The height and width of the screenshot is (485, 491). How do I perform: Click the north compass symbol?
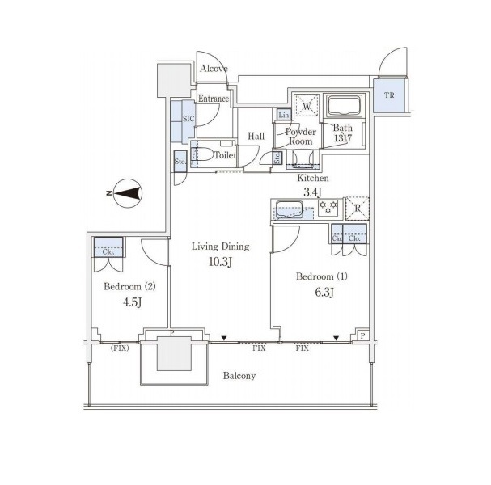click(x=128, y=193)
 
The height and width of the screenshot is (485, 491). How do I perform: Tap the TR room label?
click(x=389, y=95)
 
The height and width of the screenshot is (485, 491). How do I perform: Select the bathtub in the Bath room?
click(x=344, y=106)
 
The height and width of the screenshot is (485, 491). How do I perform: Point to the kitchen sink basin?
click(x=290, y=209)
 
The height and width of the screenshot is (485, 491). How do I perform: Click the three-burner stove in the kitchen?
click(x=328, y=208)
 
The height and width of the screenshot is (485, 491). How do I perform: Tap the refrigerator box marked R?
click(x=357, y=208)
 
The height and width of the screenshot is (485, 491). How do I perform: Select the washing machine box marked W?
click(x=307, y=105)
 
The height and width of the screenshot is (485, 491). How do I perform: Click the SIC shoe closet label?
click(x=188, y=119)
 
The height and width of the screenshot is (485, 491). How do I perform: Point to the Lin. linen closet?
click(x=285, y=115)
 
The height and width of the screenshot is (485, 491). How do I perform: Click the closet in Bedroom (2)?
click(x=108, y=247)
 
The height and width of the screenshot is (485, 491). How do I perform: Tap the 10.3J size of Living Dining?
click(x=221, y=262)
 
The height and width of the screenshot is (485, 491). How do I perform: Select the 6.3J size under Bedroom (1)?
click(x=324, y=293)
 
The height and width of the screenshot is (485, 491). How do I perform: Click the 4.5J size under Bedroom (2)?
click(x=133, y=302)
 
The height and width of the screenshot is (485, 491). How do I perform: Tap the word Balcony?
click(x=239, y=376)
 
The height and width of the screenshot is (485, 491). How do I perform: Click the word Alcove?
click(x=214, y=69)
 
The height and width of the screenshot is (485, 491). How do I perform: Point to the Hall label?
click(x=256, y=136)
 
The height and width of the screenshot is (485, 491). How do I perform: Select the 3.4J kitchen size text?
click(x=312, y=192)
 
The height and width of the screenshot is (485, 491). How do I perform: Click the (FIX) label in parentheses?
click(x=120, y=348)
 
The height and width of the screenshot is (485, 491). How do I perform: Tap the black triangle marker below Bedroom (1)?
click(x=336, y=338)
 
